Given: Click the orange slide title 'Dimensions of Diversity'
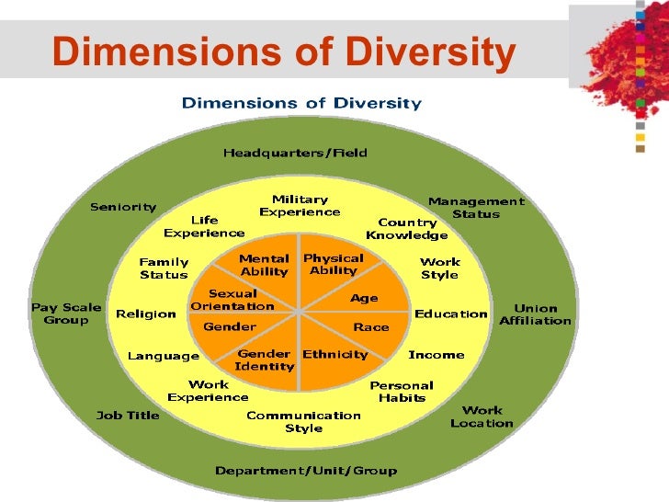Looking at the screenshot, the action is [x=283, y=52].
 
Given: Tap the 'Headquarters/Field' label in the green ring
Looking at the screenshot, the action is [x=295, y=153].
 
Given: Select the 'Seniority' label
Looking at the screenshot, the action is [x=123, y=207].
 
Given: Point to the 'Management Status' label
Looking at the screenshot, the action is [x=476, y=208].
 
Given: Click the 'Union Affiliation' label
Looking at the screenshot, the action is [x=535, y=314].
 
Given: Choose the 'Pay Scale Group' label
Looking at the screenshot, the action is [x=66, y=314].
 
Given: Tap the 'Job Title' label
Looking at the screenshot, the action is [x=128, y=415].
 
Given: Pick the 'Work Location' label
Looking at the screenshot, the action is [x=482, y=416].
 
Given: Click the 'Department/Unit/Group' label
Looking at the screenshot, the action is [x=306, y=471].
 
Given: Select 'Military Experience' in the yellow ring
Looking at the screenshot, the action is [x=300, y=205].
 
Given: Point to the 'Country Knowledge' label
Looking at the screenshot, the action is [x=407, y=229].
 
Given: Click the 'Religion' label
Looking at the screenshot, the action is [x=146, y=314].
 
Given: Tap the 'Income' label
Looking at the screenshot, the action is [x=436, y=354].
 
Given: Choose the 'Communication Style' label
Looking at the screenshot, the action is [x=303, y=421].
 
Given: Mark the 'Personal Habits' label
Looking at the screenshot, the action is [x=402, y=392].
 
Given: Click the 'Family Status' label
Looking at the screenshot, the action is [x=164, y=268].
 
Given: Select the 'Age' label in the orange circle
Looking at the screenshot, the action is [x=364, y=298].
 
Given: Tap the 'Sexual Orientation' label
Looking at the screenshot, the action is [x=232, y=300].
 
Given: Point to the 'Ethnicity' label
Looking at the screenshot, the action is [x=335, y=354].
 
